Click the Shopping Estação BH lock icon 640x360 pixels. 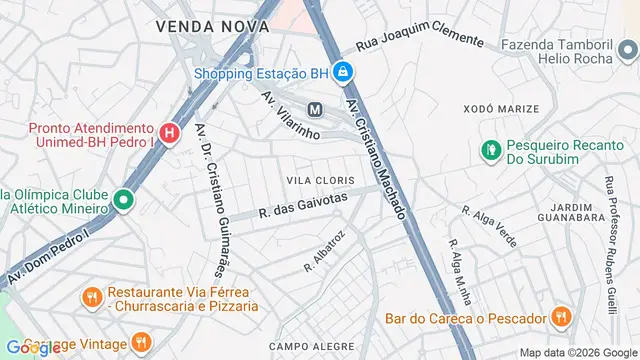[342, 73]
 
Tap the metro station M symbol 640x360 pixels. [315, 109]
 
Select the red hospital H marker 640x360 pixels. [169, 131]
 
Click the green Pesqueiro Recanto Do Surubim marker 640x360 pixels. [491, 150]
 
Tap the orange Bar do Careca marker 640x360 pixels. [560, 318]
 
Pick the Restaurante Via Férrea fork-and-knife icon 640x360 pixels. [91, 296]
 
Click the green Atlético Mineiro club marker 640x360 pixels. [123, 200]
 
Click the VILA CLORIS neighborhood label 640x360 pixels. [320, 178]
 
